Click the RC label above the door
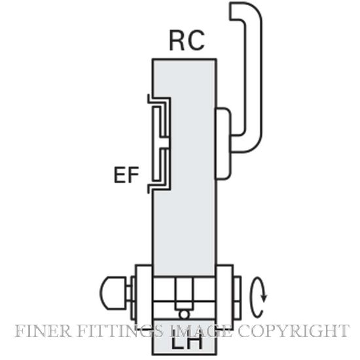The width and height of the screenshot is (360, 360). tap(187, 41)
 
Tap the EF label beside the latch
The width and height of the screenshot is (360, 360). tap(126, 175)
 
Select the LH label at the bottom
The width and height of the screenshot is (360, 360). tap(187, 341)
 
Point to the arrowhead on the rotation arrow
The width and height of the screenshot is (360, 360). tap(264, 298)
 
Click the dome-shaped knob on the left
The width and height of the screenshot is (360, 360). tap(113, 293)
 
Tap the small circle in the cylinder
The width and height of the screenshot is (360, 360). tap(184, 314)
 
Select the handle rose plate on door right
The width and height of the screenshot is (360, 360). tap(223, 143)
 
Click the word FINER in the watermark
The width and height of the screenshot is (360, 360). tap(43, 331)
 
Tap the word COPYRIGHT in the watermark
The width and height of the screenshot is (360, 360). tap(293, 331)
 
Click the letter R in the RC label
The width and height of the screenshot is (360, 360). tap(177, 41)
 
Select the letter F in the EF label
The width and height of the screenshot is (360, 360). tap(134, 175)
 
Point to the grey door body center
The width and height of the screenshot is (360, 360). tap(184, 168)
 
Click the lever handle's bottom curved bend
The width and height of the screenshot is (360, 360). tap(251, 145)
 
